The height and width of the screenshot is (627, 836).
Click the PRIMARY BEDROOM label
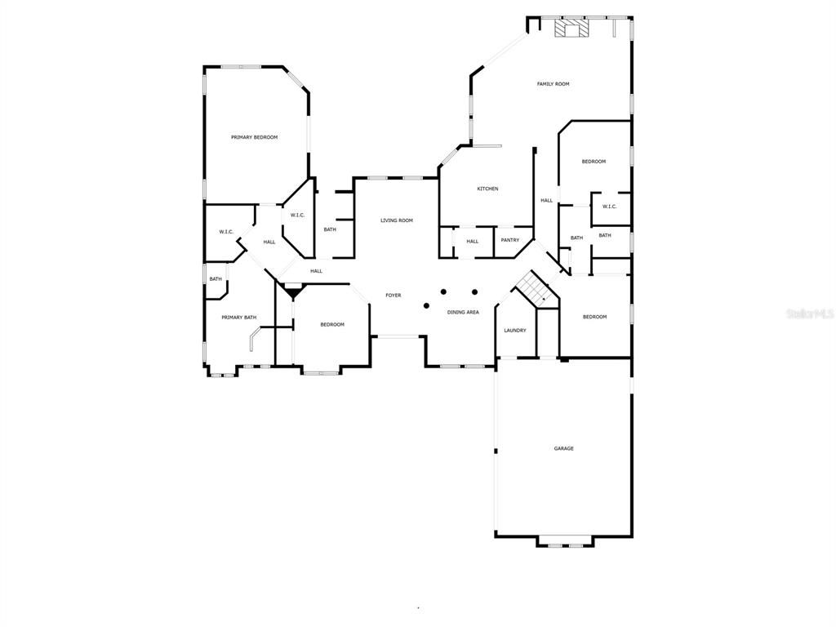(254, 137)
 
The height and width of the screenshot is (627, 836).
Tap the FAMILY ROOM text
(553, 84)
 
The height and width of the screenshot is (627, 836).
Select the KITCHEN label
(487, 189)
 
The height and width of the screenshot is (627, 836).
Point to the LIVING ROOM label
(397, 220)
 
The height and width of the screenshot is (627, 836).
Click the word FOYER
(394, 296)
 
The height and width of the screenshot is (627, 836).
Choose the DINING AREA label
(462, 312)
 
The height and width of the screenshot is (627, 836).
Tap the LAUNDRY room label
(514, 331)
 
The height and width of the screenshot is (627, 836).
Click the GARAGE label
(563, 448)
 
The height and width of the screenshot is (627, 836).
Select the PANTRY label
(510, 240)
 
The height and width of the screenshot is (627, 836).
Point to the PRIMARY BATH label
(239, 317)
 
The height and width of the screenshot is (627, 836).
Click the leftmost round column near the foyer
(426, 305)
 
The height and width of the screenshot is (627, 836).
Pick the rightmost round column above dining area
(474, 291)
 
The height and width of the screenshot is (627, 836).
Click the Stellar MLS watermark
(808, 313)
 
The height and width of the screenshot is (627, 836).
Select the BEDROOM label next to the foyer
(331, 325)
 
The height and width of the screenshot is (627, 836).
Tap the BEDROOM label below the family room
(594, 162)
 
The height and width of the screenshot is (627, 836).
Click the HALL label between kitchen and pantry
(472, 242)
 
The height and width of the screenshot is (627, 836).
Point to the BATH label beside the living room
(329, 229)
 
